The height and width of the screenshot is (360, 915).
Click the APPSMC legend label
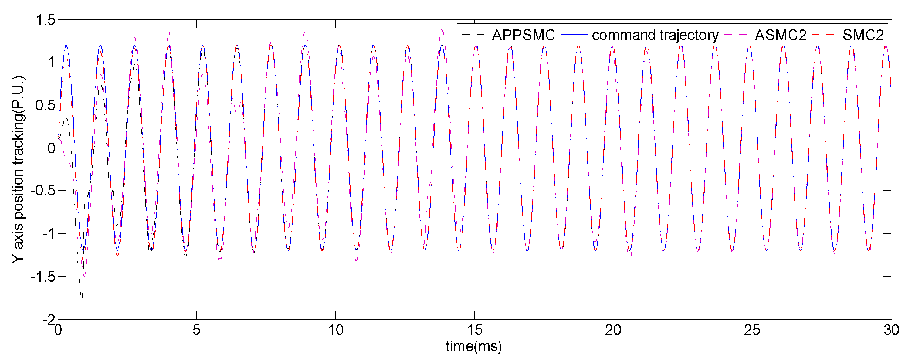point(523,35)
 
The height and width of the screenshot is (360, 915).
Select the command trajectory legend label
point(655,35)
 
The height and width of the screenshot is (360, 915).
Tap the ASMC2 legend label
point(780,35)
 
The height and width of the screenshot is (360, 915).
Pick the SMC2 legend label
point(863,35)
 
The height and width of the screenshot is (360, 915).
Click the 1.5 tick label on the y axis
point(46,20)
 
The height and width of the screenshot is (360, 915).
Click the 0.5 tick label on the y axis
point(46,106)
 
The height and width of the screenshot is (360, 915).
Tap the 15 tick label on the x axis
point(475,330)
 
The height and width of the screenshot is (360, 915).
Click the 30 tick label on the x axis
point(891,330)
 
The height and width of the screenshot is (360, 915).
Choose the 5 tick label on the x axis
point(196,330)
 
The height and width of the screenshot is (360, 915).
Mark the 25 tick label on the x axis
point(752,330)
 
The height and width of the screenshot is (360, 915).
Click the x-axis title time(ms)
point(474,346)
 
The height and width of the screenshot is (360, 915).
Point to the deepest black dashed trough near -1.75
point(82,295)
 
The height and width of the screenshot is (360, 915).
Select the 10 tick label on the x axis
point(336,330)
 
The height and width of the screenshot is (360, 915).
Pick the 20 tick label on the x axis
point(613,330)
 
